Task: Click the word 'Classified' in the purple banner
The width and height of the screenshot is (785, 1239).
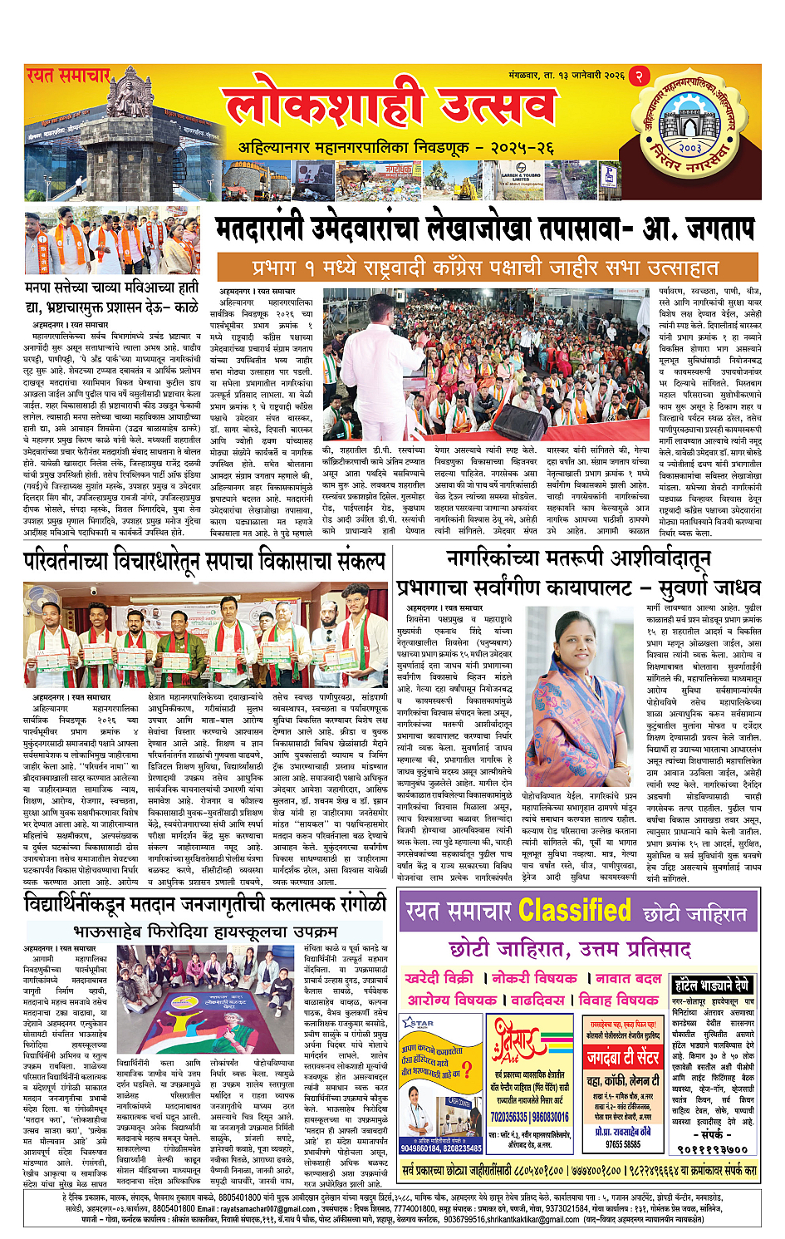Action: pyautogui.click(x=574, y=911)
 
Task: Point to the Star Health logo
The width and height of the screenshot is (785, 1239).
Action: pyautogui.click(x=418, y=1024)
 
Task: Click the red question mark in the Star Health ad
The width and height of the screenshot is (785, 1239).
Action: pyautogui.click(x=467, y=1069)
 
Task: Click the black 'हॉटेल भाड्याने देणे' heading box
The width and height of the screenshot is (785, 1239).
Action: pyautogui.click(x=713, y=986)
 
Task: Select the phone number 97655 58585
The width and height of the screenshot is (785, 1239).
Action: pyautogui.click(x=622, y=1143)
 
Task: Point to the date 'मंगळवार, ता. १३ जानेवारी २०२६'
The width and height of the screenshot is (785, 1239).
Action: pyautogui.click(x=566, y=76)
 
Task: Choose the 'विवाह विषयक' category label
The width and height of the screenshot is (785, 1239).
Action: pyautogui.click(x=618, y=999)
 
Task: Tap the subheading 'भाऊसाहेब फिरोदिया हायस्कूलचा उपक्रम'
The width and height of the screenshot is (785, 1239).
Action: pyautogui.click(x=206, y=931)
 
